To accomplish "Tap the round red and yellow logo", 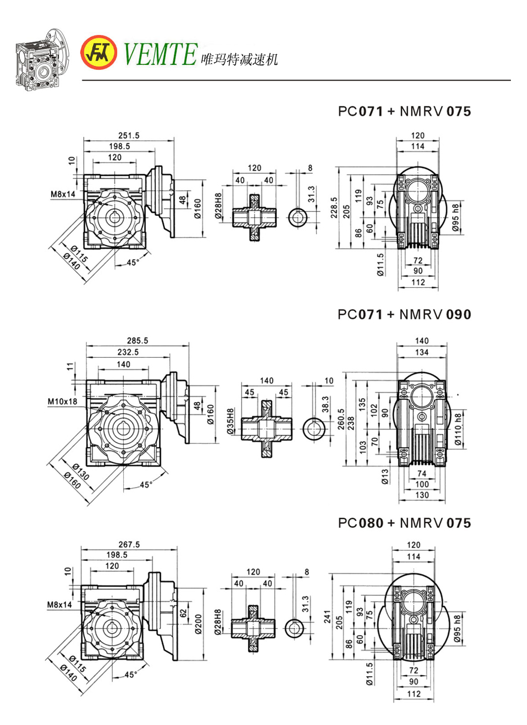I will tap(100, 53).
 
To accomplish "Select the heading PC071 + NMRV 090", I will tap(404, 315).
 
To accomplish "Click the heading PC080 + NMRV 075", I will tap(404, 523).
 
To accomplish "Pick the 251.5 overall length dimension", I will tap(129, 135).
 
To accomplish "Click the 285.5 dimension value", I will tap(138, 341).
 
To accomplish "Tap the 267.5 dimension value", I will tap(129, 544).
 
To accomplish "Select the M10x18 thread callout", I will tap(63, 401).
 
